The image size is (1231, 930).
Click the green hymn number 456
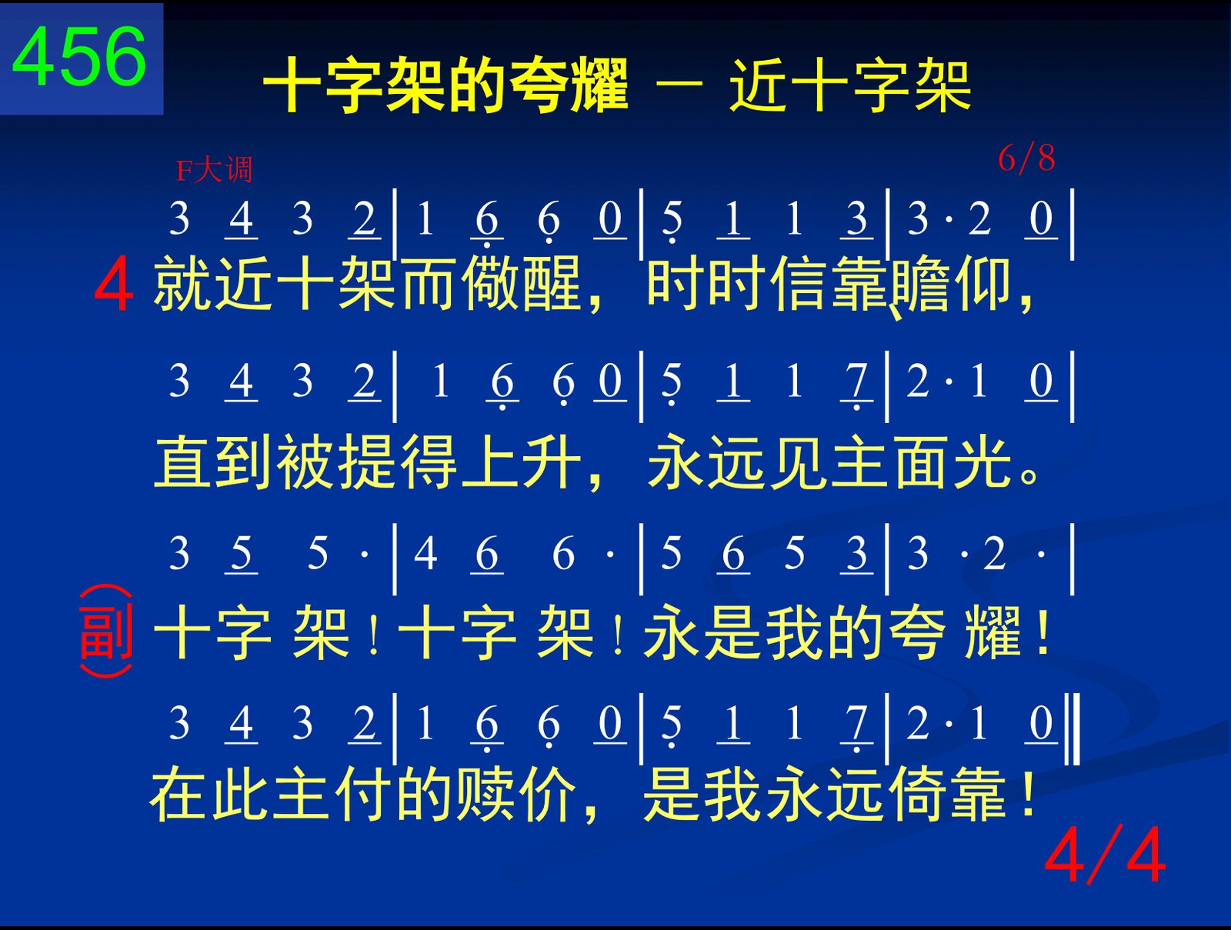(x=79, y=57)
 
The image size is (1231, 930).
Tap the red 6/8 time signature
(x=1026, y=158)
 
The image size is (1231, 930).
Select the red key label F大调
(x=214, y=170)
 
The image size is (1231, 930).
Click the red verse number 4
(x=114, y=284)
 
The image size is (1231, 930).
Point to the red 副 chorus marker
(x=106, y=631)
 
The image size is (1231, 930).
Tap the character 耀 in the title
(x=599, y=85)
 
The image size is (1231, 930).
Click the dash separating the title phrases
(x=679, y=85)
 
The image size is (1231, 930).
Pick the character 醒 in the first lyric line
(x=552, y=282)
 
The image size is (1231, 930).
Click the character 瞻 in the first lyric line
(x=922, y=282)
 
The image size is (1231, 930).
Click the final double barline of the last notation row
(x=1073, y=729)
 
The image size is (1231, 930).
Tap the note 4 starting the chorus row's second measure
(x=425, y=553)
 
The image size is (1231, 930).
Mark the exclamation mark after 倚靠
(x=1027, y=793)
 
